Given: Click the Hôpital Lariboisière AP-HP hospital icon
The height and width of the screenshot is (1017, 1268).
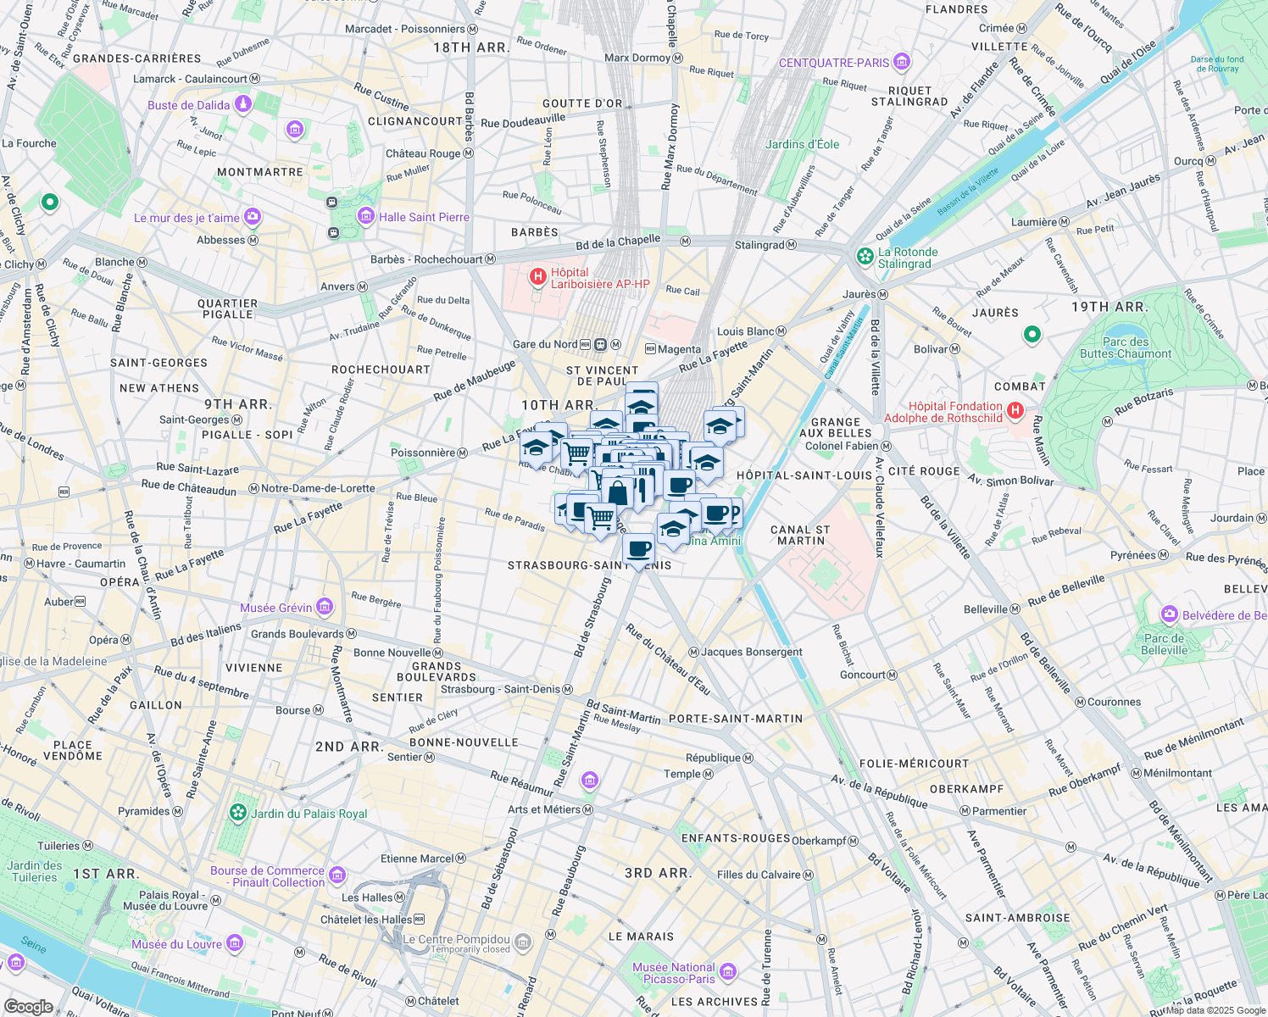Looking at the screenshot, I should pyautogui.click(x=537, y=277).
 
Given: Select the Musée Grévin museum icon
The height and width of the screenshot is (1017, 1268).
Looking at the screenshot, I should pyautogui.click(x=324, y=607).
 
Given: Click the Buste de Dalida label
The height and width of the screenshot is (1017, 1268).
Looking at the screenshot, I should pyautogui.click(x=188, y=105).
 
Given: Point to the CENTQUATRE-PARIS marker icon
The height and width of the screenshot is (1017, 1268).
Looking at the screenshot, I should pyautogui.click(x=901, y=62).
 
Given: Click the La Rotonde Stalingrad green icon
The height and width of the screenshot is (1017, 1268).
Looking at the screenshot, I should pyautogui.click(x=865, y=256).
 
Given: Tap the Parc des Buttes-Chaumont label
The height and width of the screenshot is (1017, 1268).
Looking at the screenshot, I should pyautogui.click(x=1125, y=348).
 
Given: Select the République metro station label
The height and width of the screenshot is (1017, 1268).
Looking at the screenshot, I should pyautogui.click(x=713, y=759).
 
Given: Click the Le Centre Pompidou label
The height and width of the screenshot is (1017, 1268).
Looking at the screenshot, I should pyautogui.click(x=456, y=940).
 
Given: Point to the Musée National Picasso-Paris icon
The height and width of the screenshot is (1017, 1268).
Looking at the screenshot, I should pyautogui.click(x=728, y=972).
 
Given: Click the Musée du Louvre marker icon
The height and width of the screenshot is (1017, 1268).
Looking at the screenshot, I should pyautogui.click(x=235, y=943).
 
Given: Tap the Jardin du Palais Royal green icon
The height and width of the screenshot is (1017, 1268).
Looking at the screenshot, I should pyautogui.click(x=238, y=813).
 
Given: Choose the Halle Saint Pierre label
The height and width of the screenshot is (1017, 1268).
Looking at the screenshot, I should pyautogui.click(x=423, y=217).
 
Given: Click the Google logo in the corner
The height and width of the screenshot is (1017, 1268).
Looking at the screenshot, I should pyautogui.click(x=29, y=1006).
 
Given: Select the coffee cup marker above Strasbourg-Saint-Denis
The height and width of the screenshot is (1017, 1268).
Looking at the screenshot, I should pyautogui.click(x=638, y=549).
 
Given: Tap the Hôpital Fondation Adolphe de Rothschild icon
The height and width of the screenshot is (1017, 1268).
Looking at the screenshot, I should pyautogui.click(x=1015, y=411).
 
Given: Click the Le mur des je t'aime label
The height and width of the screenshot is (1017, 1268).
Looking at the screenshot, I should pyautogui.click(x=186, y=218).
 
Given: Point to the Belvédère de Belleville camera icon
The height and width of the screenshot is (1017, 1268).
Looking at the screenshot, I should pyautogui.click(x=1170, y=614).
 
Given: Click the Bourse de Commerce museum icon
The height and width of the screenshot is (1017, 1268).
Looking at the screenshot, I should pyautogui.click(x=337, y=875).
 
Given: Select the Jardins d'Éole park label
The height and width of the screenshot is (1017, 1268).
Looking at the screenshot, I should pyautogui.click(x=802, y=144).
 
